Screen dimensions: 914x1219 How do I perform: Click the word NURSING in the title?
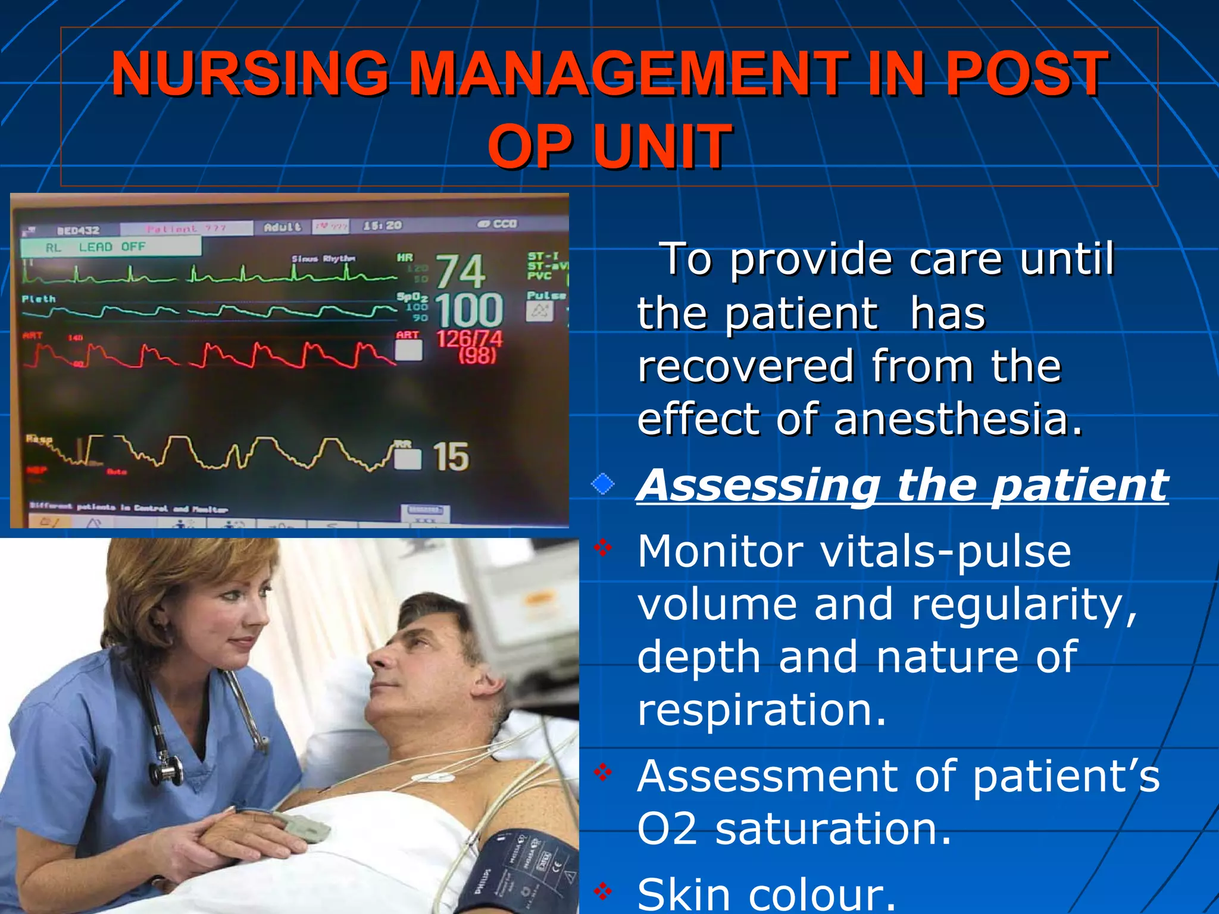pyautogui.click(x=250, y=74)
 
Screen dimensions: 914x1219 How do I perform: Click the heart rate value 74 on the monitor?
pyautogui.click(x=460, y=271)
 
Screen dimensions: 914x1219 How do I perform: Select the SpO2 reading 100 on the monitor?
pyautogui.click(x=469, y=310)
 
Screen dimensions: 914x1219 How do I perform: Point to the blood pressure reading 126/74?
pyautogui.click(x=469, y=340)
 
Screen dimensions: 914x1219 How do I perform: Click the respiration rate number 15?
pyautogui.click(x=451, y=457)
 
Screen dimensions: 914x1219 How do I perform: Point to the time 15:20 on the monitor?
pyautogui.click(x=383, y=226)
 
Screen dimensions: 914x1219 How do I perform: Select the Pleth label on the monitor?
pyautogui.click(x=39, y=299)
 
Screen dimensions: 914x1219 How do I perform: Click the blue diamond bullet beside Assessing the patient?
pyautogui.click(x=602, y=484)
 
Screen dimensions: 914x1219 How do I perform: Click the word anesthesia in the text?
pyautogui.click(x=958, y=419)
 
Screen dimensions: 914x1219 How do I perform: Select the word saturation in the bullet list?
pyautogui.click(x=833, y=829)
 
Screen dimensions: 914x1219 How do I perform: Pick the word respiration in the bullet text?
pyautogui.click(x=762, y=709)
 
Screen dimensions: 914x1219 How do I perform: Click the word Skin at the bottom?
pyautogui.click(x=683, y=896)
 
